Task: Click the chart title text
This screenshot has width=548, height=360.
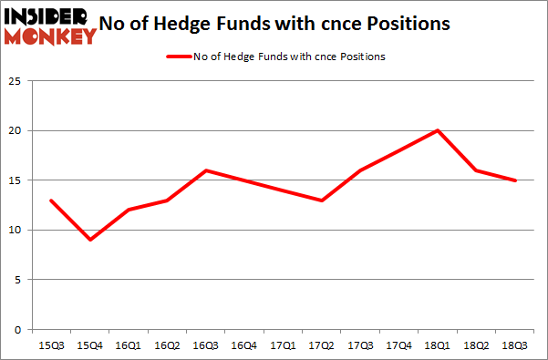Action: tap(284, 25)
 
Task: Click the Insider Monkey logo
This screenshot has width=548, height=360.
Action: tap(51, 25)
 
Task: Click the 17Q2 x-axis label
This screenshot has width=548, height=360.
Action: tap(322, 345)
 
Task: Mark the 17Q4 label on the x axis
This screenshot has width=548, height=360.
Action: tap(399, 345)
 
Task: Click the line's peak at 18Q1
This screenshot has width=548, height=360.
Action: tap(439, 130)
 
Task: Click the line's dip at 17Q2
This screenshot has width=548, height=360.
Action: tap(322, 201)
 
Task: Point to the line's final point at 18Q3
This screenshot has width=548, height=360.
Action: tap(516, 180)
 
